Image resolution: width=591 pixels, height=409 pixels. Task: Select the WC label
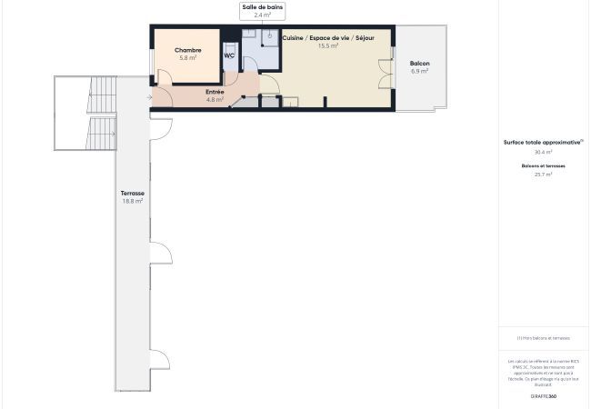coord(229,55)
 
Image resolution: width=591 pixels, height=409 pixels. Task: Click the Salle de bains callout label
coord(262,7)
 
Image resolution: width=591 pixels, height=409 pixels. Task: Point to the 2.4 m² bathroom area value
coord(262,15)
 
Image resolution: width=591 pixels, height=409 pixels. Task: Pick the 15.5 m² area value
coord(328,45)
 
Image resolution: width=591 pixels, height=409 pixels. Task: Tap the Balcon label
coord(419,63)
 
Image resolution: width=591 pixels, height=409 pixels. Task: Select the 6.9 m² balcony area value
coord(419,70)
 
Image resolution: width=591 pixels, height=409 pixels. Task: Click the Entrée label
coord(215,92)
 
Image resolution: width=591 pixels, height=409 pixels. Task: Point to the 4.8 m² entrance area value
coord(215,99)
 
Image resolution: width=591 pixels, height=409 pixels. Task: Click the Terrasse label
coord(133,194)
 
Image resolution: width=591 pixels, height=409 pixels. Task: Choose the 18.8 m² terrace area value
coord(133,201)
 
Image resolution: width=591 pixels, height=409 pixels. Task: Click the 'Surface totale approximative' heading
coord(543,143)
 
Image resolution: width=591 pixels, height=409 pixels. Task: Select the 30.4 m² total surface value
coord(544,152)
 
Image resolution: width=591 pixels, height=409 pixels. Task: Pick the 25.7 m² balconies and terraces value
coord(544,174)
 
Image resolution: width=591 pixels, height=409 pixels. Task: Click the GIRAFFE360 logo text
coord(544,396)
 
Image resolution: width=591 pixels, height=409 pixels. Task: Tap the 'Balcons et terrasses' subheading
coord(544,165)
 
